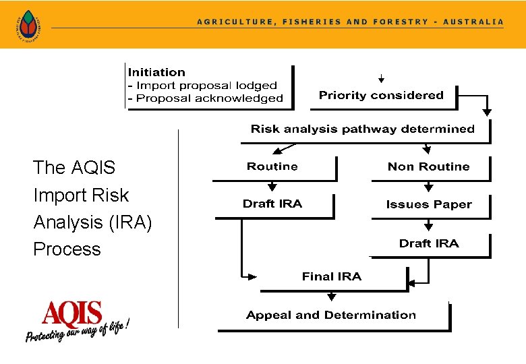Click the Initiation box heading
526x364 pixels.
pos(156,72)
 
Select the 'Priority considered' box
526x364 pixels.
pos(381,96)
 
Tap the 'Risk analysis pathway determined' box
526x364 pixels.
pos(363,129)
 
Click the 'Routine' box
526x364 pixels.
pos(272,166)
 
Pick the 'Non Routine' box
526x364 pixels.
pos(428,166)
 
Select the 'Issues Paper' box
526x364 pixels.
pos(428,204)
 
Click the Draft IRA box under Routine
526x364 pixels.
pos(272,204)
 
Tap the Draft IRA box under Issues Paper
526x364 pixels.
pos(428,243)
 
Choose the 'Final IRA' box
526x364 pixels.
pos(331,276)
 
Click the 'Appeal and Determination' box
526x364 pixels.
pos(331,315)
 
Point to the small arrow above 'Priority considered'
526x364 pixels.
pos(381,78)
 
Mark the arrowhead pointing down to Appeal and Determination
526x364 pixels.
pos(331,297)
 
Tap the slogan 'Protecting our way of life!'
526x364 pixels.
pos(76,332)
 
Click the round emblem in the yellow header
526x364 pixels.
pos(28,25)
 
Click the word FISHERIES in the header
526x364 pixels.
pos(311,22)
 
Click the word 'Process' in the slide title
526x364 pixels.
pos(67,249)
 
